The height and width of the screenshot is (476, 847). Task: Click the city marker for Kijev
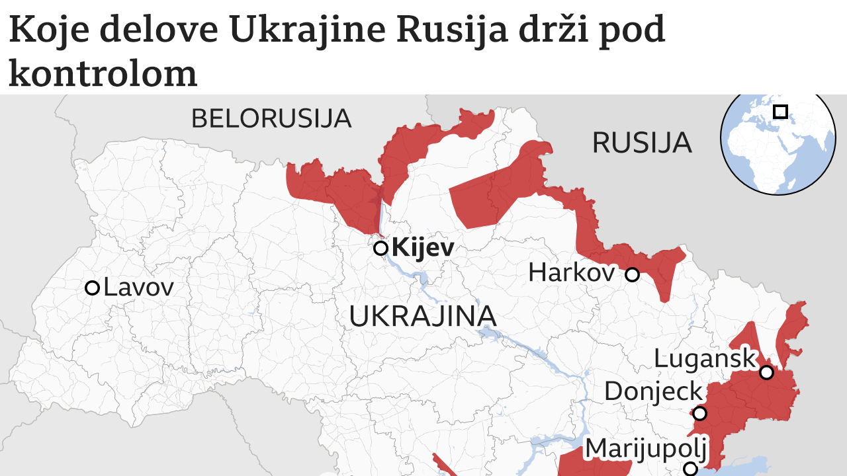[x=380, y=249]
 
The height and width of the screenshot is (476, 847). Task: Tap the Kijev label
[x=423, y=249]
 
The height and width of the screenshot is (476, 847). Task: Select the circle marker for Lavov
[x=93, y=288]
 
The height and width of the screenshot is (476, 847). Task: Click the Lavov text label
[x=139, y=288]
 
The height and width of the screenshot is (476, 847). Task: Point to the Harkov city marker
[x=633, y=274]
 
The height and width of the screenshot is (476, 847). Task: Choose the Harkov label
[x=572, y=272]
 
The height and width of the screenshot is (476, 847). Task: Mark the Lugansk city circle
[x=766, y=372]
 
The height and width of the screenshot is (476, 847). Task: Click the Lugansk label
[x=704, y=359]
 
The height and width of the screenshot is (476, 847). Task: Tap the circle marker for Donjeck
[x=699, y=414]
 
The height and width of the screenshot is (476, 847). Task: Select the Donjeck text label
[x=653, y=392]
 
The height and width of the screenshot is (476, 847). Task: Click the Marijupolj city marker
[x=690, y=469]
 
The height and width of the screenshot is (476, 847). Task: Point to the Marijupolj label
[x=646, y=449]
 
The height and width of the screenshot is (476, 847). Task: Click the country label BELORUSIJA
[x=271, y=119]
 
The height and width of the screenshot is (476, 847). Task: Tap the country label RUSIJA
[x=642, y=143]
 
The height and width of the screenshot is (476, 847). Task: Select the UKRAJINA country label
[x=423, y=317]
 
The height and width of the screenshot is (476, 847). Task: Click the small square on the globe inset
[x=781, y=111]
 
